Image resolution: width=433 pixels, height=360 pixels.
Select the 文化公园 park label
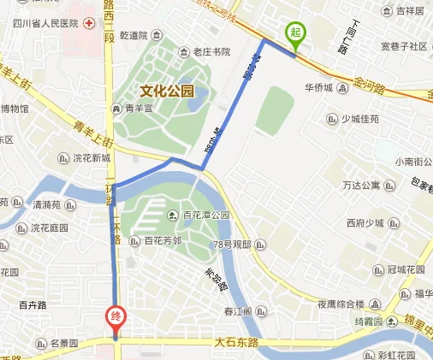click(x=168, y=91)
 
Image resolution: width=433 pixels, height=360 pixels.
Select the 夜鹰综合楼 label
click(x=341, y=303)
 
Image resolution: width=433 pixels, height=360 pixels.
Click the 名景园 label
click(x=63, y=344)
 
